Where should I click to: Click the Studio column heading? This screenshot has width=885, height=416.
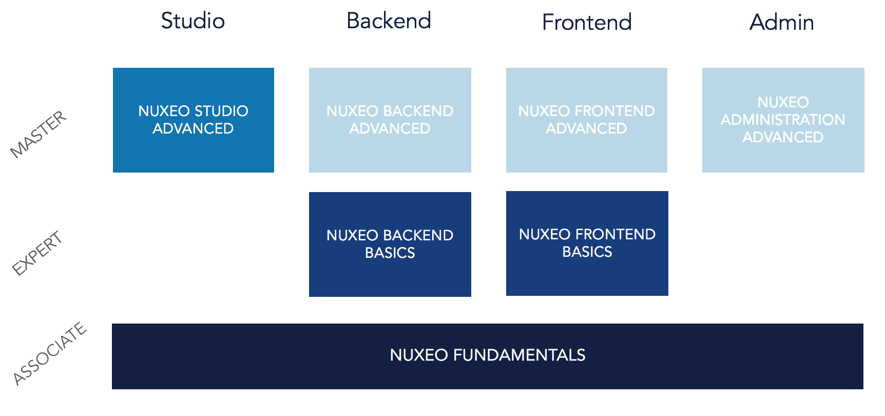click(193, 21)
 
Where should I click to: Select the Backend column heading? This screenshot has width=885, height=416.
click(389, 21)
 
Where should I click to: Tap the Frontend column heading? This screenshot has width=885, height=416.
click(587, 22)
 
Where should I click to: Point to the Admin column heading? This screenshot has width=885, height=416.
click(782, 22)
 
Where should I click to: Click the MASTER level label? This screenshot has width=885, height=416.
click(39, 134)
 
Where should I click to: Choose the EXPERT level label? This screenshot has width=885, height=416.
click(37, 253)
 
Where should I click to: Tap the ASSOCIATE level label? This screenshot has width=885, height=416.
click(50, 353)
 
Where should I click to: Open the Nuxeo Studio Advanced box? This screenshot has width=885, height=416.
click(194, 120)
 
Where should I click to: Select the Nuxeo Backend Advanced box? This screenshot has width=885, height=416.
click(390, 120)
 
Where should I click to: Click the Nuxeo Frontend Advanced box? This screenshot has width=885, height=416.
click(587, 120)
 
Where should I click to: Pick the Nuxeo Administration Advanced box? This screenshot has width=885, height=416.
click(783, 120)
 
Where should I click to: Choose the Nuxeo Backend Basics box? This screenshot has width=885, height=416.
click(390, 244)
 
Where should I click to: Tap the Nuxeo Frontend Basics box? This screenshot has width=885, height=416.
click(587, 243)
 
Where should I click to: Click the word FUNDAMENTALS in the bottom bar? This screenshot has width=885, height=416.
click(519, 355)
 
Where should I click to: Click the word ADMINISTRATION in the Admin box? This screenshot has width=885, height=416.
click(783, 120)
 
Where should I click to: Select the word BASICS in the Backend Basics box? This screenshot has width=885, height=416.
click(390, 253)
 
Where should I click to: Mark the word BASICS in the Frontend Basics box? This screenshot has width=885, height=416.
click(587, 252)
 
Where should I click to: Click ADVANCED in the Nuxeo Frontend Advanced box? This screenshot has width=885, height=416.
click(586, 128)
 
